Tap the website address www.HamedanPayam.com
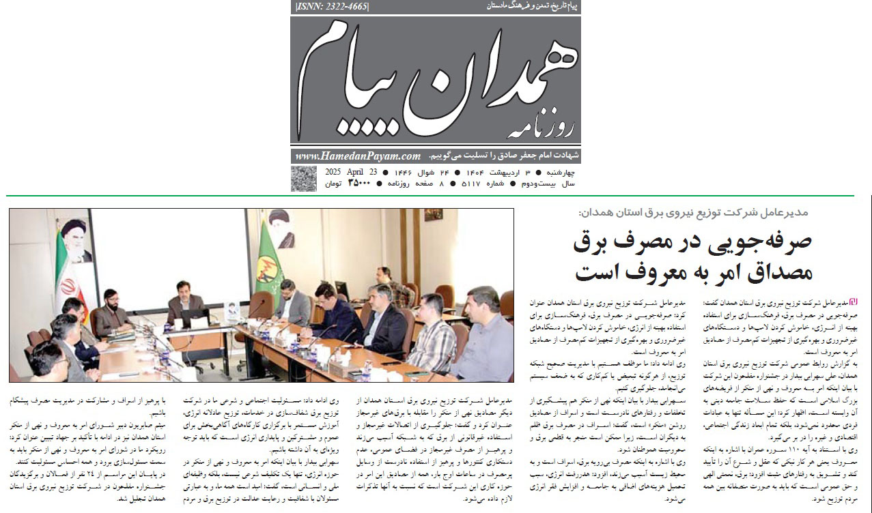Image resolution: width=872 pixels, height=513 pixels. (x=358, y=156)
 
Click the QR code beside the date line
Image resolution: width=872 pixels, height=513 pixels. (x=303, y=178)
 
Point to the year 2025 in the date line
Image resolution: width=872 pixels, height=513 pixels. (x=334, y=171)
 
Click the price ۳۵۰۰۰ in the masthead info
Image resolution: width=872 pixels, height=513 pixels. (x=359, y=183)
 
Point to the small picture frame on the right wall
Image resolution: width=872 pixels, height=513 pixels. (x=432, y=215)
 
